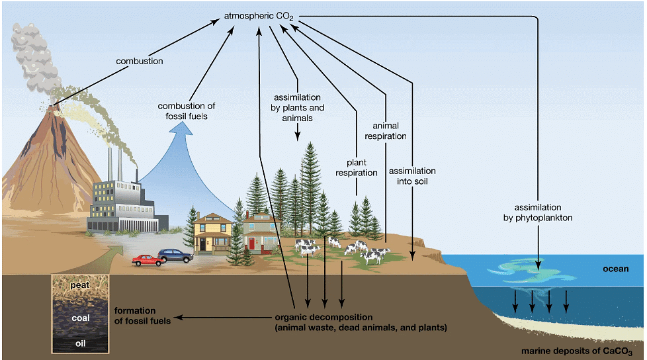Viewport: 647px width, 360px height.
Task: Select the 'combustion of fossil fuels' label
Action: [187, 111]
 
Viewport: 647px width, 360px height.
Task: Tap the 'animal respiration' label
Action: [390, 130]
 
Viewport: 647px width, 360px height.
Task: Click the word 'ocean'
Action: [615, 269]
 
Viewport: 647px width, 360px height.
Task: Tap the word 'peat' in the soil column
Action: [79, 285]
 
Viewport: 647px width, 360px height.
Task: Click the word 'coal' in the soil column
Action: [79, 318]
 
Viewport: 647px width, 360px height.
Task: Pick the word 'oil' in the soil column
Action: [79, 343]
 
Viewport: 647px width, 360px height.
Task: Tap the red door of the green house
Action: [251, 244]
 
